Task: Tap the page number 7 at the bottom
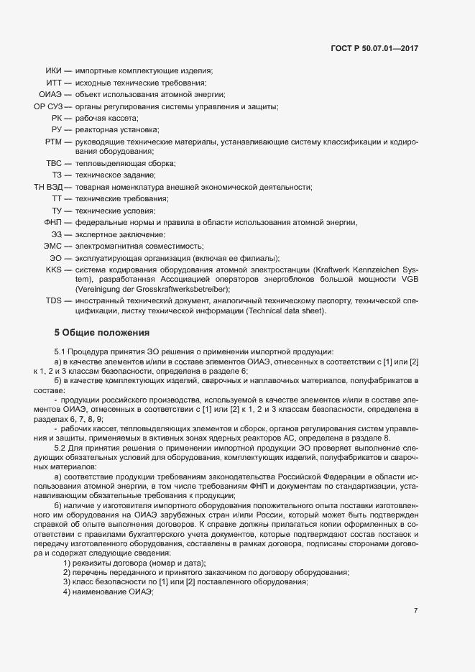click(x=415, y=611)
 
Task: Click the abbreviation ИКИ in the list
click(x=53, y=71)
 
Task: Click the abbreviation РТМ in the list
click(x=53, y=142)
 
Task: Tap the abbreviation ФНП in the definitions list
click(x=53, y=222)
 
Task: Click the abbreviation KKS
click(x=54, y=269)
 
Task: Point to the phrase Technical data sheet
click(x=285, y=311)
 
